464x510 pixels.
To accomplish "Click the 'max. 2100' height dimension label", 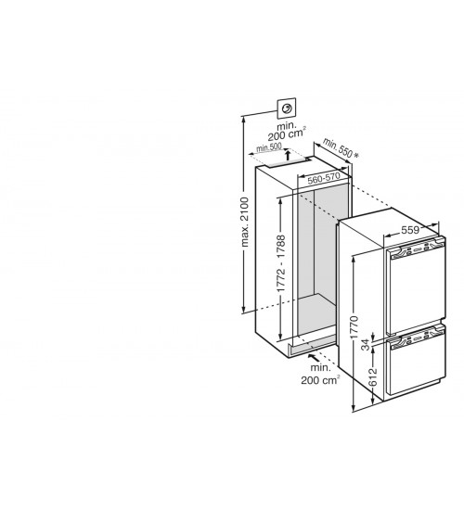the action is [x=245, y=222].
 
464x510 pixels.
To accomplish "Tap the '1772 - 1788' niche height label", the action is [x=281, y=262].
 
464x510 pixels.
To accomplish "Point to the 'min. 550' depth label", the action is [x=338, y=147].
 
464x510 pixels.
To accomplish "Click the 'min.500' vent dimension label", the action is [x=269, y=147].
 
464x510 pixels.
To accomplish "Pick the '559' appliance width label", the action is [x=410, y=230].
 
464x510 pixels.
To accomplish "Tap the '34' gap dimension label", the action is [x=367, y=344].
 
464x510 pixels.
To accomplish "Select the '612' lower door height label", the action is [x=373, y=377].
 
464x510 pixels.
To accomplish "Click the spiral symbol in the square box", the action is [x=287, y=108].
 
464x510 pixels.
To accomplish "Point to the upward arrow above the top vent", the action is [x=288, y=155].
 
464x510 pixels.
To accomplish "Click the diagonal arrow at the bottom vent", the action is [x=314, y=357].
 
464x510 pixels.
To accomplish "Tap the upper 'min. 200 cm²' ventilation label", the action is [x=287, y=130].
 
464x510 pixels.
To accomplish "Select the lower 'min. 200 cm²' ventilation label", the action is [x=320, y=374].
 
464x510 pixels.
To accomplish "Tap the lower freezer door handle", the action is [x=418, y=340].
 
